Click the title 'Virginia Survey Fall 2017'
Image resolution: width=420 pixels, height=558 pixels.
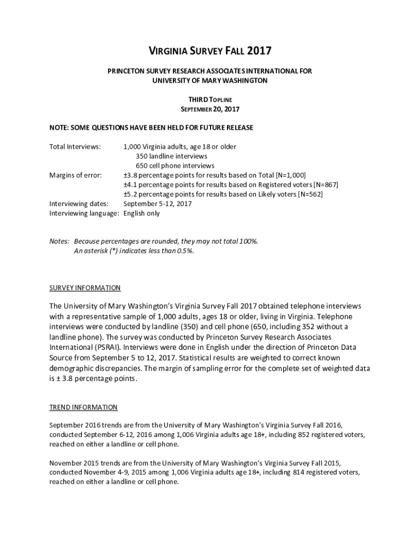(210, 52)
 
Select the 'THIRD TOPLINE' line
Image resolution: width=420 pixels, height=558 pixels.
(210, 99)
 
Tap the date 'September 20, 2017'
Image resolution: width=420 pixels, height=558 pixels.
(210, 109)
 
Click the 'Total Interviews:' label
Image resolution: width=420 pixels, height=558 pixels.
(75, 147)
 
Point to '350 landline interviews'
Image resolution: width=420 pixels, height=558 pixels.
(171, 156)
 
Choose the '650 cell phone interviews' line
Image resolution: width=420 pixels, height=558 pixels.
(175, 166)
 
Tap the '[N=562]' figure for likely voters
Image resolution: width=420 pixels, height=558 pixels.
(309, 194)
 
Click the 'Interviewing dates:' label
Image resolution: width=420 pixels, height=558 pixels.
(79, 204)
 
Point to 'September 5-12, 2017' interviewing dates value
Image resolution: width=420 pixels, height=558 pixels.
(157, 204)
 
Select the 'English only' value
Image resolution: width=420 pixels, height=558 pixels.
(141, 213)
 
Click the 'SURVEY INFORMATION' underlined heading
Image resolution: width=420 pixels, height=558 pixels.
(85, 288)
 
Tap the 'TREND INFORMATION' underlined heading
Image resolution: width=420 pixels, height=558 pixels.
(83, 407)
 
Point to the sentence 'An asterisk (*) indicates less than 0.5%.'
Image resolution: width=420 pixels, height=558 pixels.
(134, 251)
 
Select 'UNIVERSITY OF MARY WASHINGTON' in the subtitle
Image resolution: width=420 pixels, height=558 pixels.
(210, 81)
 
